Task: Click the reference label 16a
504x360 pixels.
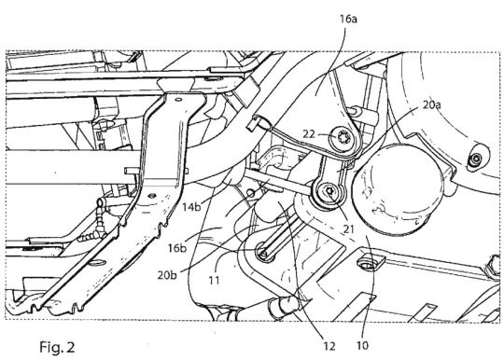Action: [348, 20]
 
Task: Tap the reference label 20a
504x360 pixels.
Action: [432, 104]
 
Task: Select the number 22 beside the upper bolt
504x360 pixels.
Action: [309, 133]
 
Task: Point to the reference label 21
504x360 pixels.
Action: [348, 229]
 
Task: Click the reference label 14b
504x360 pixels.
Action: [191, 206]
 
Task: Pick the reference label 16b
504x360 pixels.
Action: [177, 248]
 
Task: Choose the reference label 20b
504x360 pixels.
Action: [167, 275]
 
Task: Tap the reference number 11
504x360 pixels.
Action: [214, 281]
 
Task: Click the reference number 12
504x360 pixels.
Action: [329, 346]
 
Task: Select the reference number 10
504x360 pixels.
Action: [362, 346]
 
